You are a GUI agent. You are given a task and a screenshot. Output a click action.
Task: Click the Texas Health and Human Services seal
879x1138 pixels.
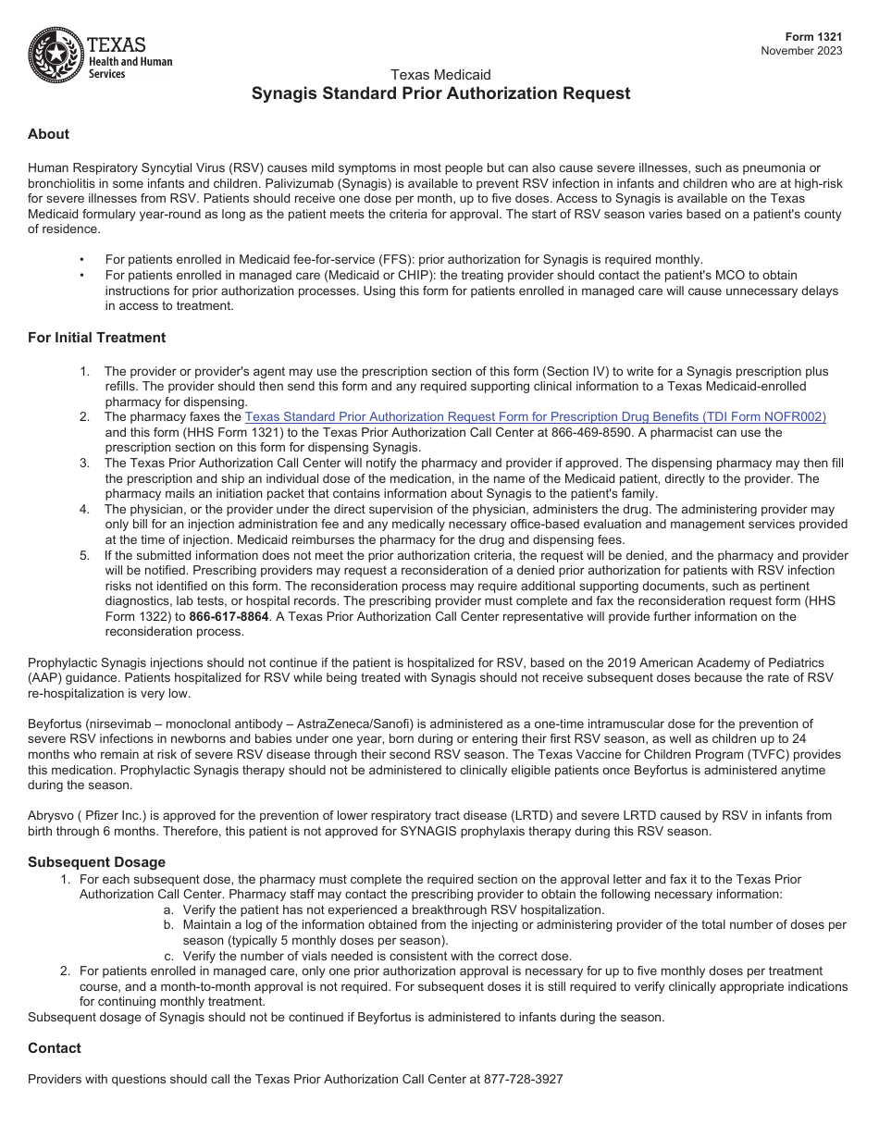[x=56, y=56]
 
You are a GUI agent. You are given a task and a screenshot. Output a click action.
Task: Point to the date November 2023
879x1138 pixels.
[x=801, y=51]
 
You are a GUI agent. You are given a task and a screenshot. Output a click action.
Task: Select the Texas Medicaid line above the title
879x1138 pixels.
[x=440, y=75]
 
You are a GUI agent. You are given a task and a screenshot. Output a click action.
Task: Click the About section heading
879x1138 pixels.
[x=48, y=134]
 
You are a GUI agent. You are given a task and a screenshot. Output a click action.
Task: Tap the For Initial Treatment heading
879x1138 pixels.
[x=97, y=338]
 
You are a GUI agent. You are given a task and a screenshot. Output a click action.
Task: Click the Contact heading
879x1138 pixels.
[x=55, y=1048]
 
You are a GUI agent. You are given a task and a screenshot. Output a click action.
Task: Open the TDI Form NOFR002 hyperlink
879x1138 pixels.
[x=535, y=417]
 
